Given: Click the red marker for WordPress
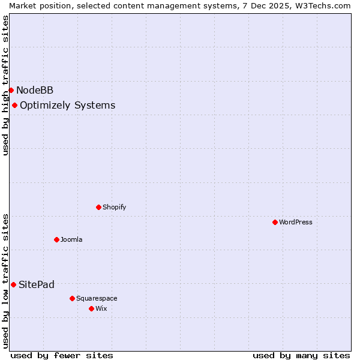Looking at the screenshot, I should point(275,222).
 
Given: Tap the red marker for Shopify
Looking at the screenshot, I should point(98,207).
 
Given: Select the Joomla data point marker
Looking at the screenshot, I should point(56,239).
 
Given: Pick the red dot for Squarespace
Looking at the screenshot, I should point(72,298).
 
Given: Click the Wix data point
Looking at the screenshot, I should point(91,308).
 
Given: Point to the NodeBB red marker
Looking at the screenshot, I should point(11,91).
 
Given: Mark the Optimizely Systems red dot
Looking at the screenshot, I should point(14,106).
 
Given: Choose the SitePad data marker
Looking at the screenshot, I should point(13,284).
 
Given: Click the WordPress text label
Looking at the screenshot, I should point(296,222).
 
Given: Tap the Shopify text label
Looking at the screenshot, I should point(114,207).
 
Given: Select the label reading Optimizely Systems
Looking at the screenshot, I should point(67,106).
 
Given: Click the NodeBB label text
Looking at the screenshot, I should point(35,91).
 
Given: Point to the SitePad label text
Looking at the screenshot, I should point(37,284).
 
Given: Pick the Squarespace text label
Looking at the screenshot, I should point(97,298).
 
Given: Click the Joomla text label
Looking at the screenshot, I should point(71,239).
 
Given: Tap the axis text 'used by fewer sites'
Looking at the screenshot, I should point(62,355).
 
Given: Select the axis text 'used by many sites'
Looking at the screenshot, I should point(301,355).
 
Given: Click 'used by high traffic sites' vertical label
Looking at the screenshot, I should point(5,85).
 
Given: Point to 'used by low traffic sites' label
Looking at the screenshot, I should point(5,281).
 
